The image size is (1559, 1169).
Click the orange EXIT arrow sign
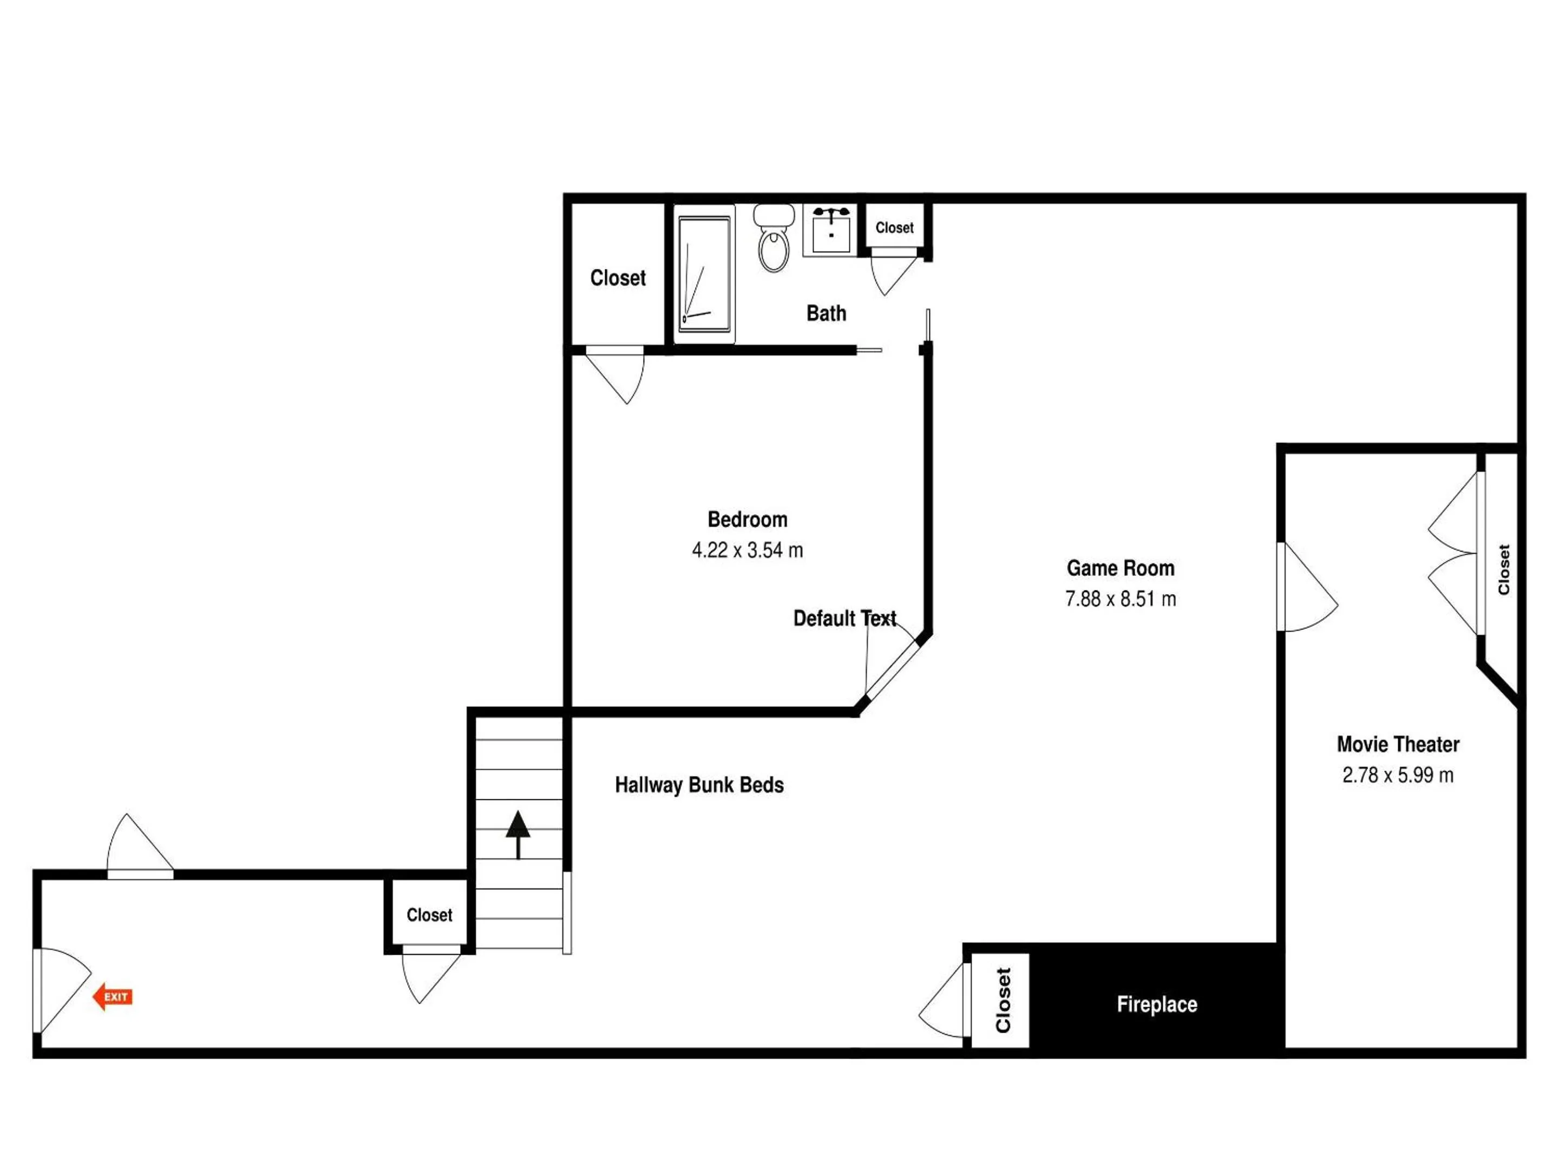tap(113, 996)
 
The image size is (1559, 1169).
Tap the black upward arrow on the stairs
tap(518, 835)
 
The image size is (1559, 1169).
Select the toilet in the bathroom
tap(774, 238)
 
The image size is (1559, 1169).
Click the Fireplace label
tap(1157, 1004)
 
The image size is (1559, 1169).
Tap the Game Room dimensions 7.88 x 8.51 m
tap(1121, 599)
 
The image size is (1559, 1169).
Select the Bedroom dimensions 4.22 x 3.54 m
tap(748, 550)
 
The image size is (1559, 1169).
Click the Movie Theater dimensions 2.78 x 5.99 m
tap(1398, 775)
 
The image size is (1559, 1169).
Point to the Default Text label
tap(844, 619)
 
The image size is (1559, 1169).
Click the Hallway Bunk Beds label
tap(699, 785)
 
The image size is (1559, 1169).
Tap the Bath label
tap(826, 313)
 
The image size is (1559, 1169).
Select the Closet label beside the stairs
tap(429, 915)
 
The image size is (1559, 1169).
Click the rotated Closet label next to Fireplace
tap(1003, 1001)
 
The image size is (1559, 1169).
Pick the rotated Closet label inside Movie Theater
tap(1503, 569)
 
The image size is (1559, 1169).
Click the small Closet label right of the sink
tap(894, 228)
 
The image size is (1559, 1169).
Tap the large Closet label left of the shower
tap(618, 278)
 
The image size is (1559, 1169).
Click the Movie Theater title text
tap(1398, 744)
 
